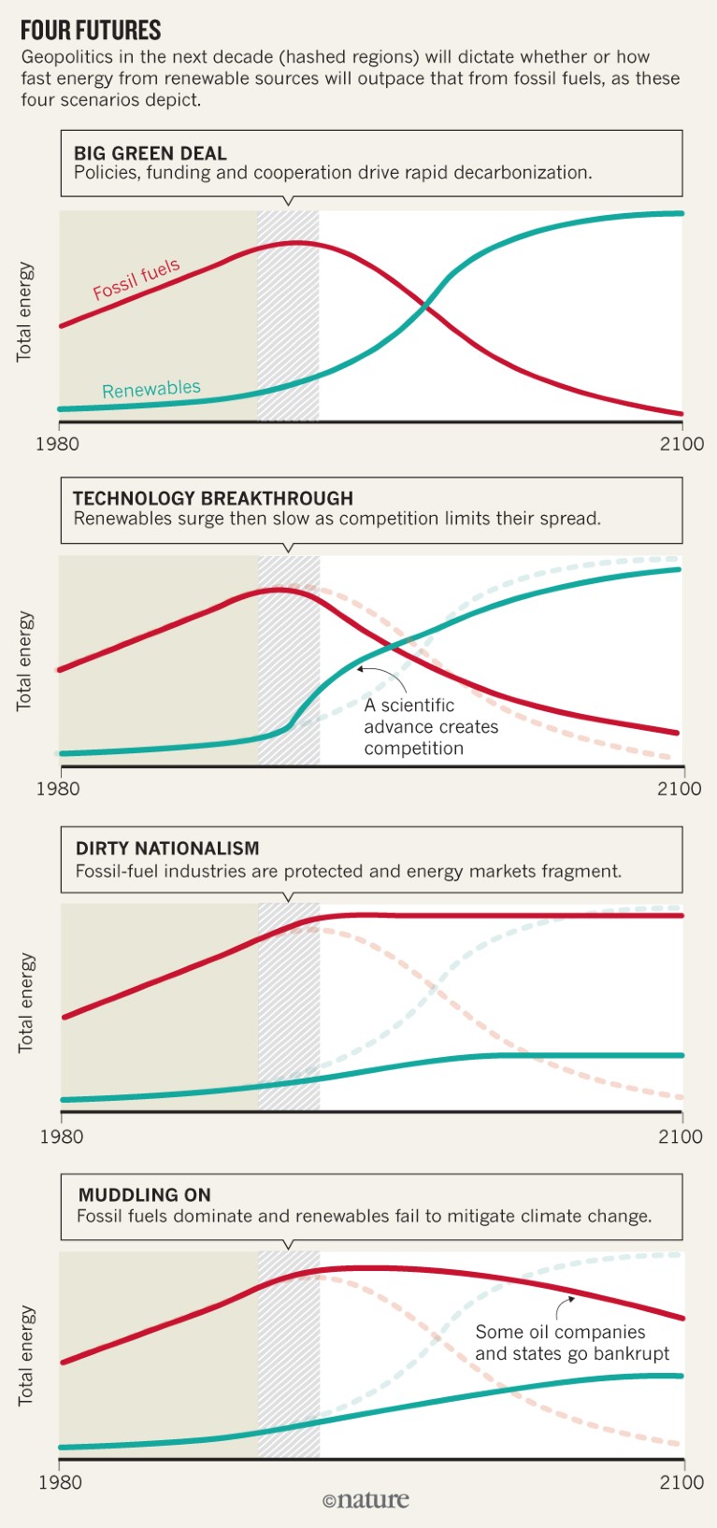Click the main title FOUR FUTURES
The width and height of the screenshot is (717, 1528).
pyautogui.click(x=91, y=30)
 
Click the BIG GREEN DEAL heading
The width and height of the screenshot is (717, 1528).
pyautogui.click(x=150, y=153)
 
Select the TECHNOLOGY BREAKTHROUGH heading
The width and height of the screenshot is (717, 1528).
pyautogui.click(x=213, y=498)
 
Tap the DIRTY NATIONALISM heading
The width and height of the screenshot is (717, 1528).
pyautogui.click(x=167, y=848)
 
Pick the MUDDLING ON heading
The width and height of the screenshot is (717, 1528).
pyautogui.click(x=145, y=1194)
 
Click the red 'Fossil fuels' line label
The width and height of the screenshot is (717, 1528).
pyautogui.click(x=136, y=279)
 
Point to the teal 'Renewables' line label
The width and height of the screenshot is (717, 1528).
pyautogui.click(x=151, y=389)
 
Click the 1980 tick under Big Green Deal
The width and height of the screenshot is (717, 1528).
pyautogui.click(x=57, y=443)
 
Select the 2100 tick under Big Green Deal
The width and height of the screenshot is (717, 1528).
pyautogui.click(x=681, y=443)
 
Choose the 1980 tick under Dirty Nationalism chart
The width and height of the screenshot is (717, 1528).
pyautogui.click(x=61, y=1136)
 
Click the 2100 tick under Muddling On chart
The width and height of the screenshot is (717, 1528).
pyautogui.click(x=681, y=1482)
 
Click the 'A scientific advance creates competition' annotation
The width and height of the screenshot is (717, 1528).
pyautogui.click(x=431, y=726)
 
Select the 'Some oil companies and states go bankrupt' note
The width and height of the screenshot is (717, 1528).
pyautogui.click(x=572, y=1342)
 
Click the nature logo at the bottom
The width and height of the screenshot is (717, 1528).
pyautogui.click(x=366, y=1500)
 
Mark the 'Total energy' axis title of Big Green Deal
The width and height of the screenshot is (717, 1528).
pyautogui.click(x=24, y=312)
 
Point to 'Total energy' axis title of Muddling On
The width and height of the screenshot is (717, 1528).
pyautogui.click(x=26, y=1355)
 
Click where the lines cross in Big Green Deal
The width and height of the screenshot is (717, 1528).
pyautogui.click(x=425, y=305)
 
